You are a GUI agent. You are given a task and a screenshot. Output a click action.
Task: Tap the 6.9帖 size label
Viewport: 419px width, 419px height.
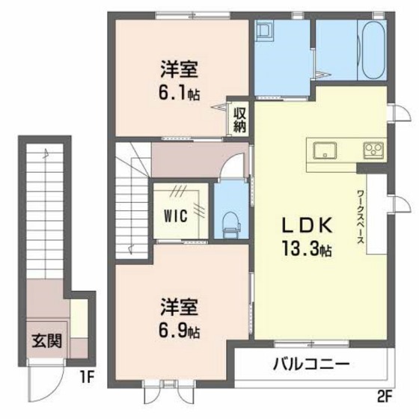tap(179, 329)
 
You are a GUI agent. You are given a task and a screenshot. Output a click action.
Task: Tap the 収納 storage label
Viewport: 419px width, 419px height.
tap(239, 119)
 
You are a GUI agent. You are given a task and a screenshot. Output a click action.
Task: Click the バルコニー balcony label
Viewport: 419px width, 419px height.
tap(311, 366)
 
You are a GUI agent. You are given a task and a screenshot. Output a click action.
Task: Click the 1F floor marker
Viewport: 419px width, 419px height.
tap(85, 376)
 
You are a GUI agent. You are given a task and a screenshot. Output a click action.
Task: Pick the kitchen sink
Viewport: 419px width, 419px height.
tap(325, 148)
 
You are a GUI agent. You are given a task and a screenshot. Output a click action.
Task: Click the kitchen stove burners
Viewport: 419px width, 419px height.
tap(373, 148)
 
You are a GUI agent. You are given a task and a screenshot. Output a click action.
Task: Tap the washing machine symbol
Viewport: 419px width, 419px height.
tap(265, 32)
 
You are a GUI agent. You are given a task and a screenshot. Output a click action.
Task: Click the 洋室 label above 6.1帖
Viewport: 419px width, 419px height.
tap(179, 69)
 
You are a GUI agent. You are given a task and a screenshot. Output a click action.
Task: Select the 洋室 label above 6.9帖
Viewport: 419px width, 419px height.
tap(179, 307)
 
